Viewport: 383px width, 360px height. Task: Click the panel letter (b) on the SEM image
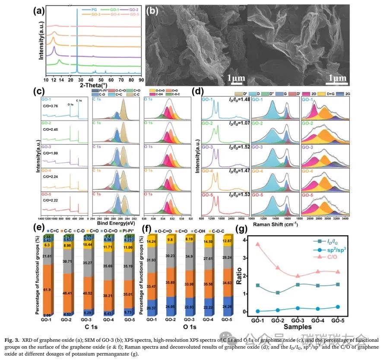(153, 11)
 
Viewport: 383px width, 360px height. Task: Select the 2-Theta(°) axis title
(94, 85)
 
